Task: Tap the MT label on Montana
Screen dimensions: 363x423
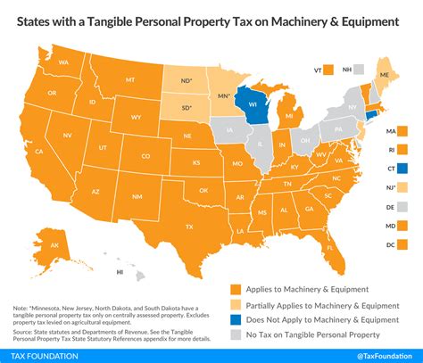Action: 130,79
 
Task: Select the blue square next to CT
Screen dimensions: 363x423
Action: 403,168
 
